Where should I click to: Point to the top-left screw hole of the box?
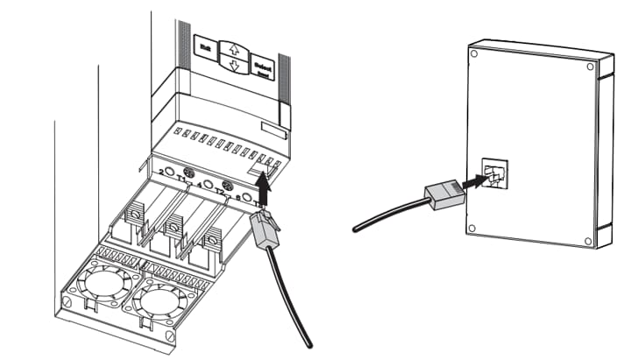coord(473,53)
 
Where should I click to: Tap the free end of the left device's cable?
coord(311,346)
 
